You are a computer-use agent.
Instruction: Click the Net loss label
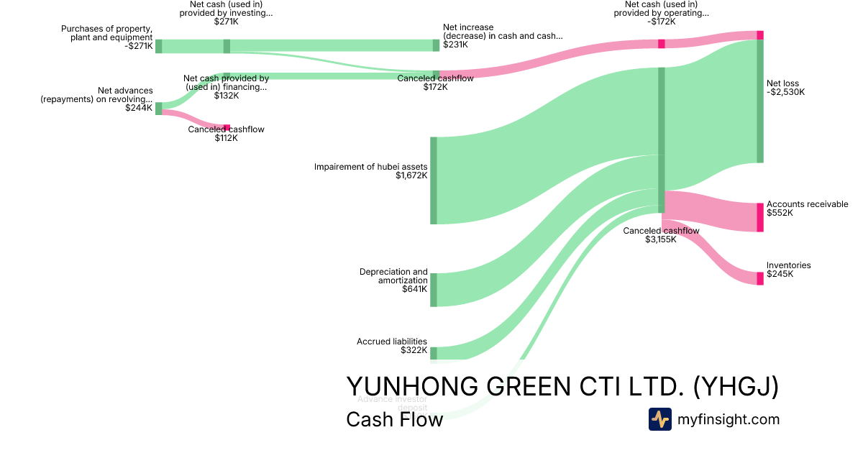point(782,83)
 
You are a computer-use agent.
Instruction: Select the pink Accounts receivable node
point(760,217)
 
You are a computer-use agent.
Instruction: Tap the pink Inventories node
point(760,278)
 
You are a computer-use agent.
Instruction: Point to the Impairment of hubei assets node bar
point(434,180)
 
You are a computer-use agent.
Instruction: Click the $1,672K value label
point(411,175)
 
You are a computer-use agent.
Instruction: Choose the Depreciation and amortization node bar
point(434,290)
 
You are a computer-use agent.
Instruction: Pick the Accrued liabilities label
point(392,342)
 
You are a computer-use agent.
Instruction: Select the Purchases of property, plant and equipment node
point(159,47)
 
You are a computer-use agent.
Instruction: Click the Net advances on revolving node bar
point(159,109)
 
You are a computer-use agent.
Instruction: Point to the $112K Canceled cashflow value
point(226,138)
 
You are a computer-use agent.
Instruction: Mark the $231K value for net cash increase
point(455,45)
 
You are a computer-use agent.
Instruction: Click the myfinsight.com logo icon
point(659,419)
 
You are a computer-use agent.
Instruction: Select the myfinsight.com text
point(729,419)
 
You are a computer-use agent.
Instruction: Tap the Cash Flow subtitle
point(394,419)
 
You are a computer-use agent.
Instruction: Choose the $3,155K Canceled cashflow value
point(660,239)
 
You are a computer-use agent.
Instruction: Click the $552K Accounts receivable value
point(780,214)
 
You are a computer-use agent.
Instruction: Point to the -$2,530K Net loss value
point(785,92)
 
